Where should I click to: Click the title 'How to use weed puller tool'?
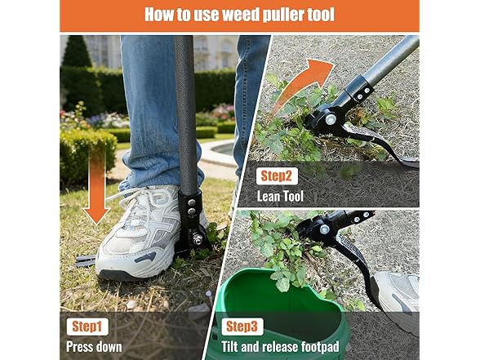(239, 14)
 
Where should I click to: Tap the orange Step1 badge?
(87, 327)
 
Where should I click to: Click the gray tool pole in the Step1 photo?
(185, 106)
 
